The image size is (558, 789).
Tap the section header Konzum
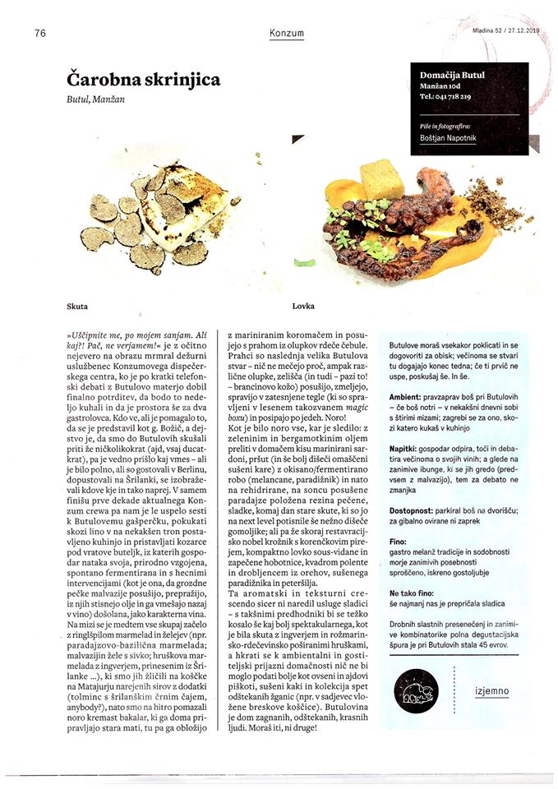pos(287,34)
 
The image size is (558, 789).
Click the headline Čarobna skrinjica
pos(144,80)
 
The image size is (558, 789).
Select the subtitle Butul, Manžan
pos(99,99)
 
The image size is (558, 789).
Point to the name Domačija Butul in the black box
pos(452,76)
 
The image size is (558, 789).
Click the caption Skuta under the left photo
pos(77,306)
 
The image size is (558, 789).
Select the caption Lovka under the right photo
pos(302,306)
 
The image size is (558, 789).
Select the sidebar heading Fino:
pos(398,544)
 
